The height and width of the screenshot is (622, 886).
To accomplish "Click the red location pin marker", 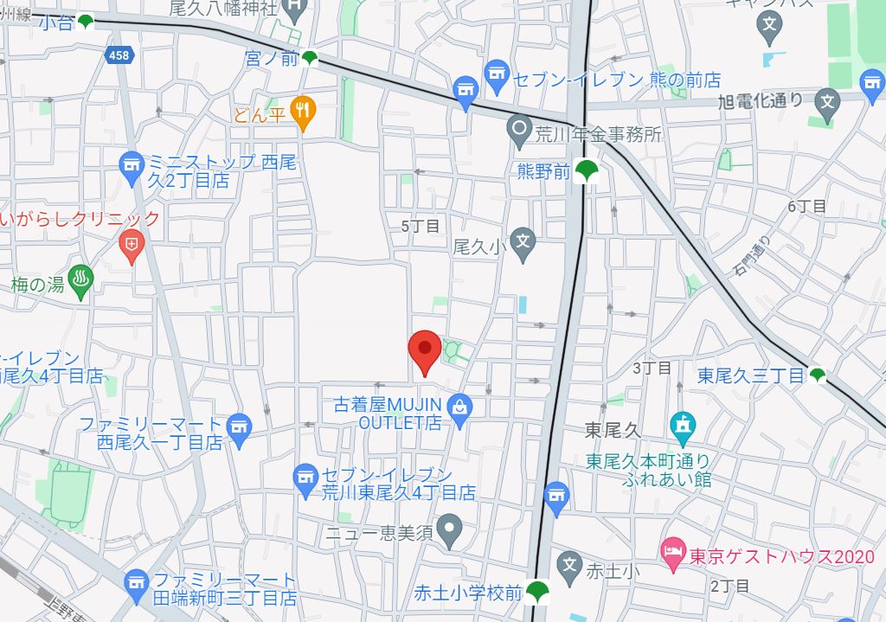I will [424, 349].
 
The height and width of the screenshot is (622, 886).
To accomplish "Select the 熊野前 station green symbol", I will [588, 170].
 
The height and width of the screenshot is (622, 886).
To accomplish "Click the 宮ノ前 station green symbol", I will [310, 59].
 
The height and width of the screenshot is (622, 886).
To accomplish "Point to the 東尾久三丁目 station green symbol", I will [818, 375].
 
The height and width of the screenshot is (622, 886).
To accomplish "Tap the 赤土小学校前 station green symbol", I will [540, 592].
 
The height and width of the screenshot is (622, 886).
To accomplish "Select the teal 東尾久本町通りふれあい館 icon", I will [683, 425].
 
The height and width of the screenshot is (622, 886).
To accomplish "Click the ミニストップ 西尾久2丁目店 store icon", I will [132, 167].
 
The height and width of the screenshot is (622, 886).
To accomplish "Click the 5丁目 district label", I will [421, 226].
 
